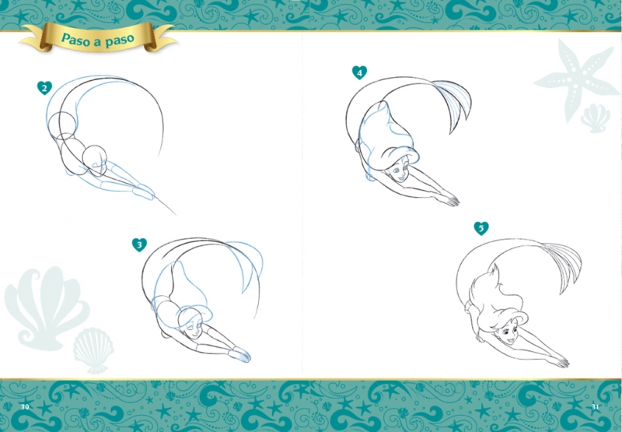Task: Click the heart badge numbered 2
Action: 44,88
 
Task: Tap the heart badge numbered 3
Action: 139,244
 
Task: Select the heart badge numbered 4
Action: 359,72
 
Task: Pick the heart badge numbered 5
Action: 481,228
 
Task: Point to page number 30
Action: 25,406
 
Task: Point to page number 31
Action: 595,406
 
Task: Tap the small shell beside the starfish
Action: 595,118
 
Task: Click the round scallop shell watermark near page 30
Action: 93,349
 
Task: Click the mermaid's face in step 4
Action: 400,172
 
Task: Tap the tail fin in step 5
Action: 563,264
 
